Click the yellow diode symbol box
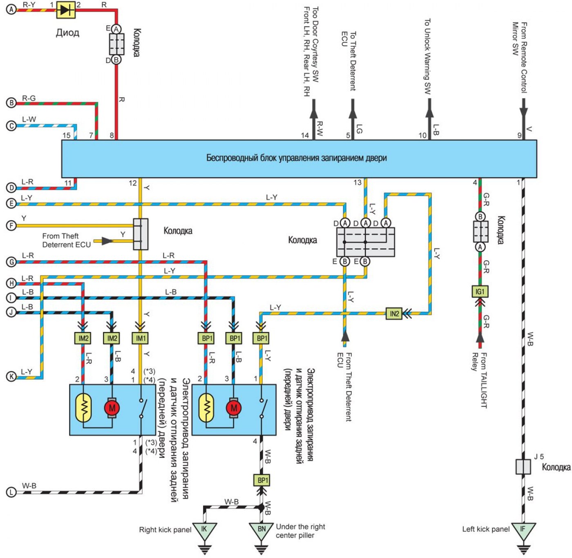(65, 10)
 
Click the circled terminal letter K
(11, 377)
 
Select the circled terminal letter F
(11, 226)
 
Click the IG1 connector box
(479, 291)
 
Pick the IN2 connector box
(394, 314)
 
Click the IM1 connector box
(141, 338)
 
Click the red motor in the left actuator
(112, 408)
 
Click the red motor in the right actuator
(234, 408)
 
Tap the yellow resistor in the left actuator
(83, 408)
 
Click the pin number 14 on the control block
(305, 135)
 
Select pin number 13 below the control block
(357, 183)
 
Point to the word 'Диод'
(67, 32)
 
